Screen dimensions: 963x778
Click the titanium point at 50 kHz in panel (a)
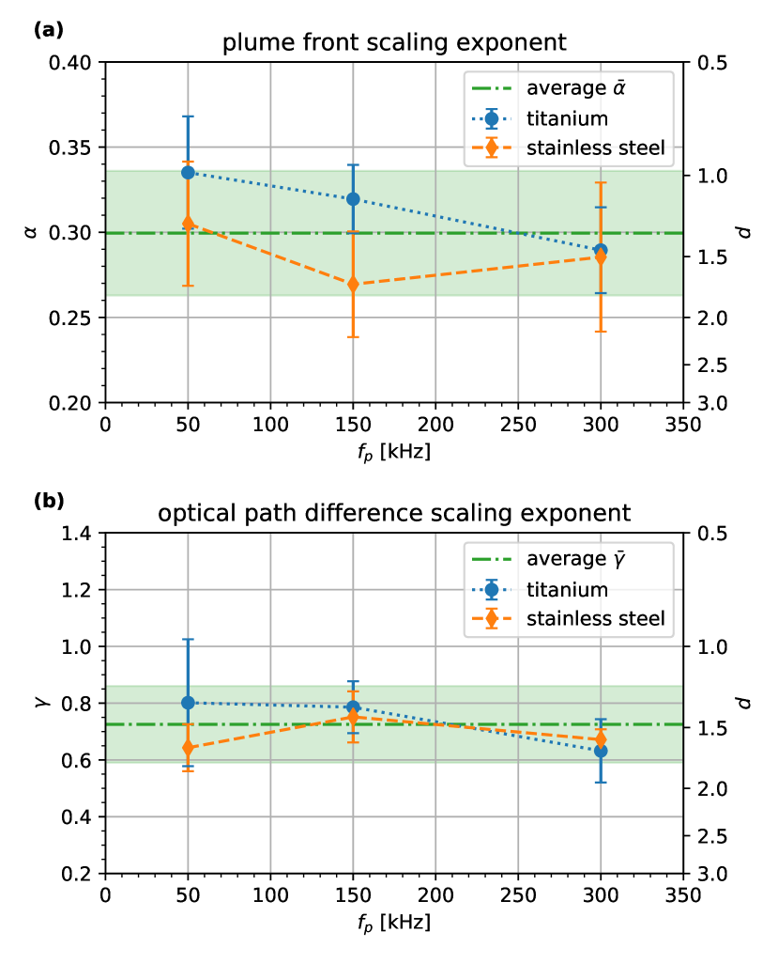(188, 173)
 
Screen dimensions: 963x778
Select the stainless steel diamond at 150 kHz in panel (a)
(353, 284)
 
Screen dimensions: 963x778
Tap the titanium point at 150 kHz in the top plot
(353, 199)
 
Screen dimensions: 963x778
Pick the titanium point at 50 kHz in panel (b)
(188, 703)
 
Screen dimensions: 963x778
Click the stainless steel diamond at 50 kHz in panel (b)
(188, 748)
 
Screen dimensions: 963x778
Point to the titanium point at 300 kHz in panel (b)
(601, 751)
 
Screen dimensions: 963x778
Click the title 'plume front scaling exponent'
(393, 42)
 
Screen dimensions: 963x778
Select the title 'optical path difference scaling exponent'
(393, 514)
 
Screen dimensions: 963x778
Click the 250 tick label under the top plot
(518, 424)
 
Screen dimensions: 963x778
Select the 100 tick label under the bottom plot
(270, 894)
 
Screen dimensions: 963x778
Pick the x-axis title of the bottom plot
(393, 924)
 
